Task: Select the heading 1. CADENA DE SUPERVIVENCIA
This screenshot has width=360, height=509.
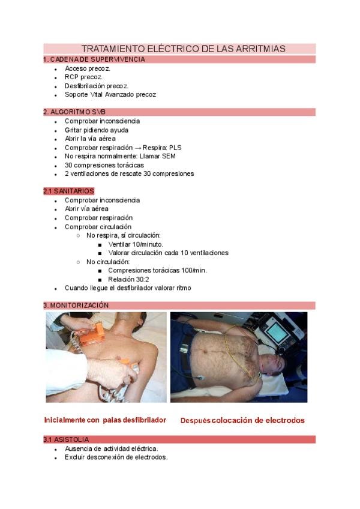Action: point(94,59)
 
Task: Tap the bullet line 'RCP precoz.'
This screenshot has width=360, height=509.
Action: point(83,77)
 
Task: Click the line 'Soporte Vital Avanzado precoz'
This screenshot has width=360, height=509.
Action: point(110,95)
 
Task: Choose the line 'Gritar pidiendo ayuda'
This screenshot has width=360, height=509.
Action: point(97,130)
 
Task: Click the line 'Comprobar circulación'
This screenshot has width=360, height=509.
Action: point(98,227)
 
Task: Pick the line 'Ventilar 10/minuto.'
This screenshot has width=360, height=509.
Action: point(136,244)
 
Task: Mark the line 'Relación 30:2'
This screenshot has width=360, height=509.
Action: point(128,280)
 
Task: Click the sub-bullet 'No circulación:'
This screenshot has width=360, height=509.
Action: point(108,262)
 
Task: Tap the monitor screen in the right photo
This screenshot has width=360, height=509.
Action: point(277,331)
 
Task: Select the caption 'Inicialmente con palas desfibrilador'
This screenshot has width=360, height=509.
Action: point(105,420)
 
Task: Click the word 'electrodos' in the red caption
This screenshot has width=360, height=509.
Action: point(283,420)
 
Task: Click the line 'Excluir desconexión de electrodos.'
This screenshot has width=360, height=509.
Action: point(116,457)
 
